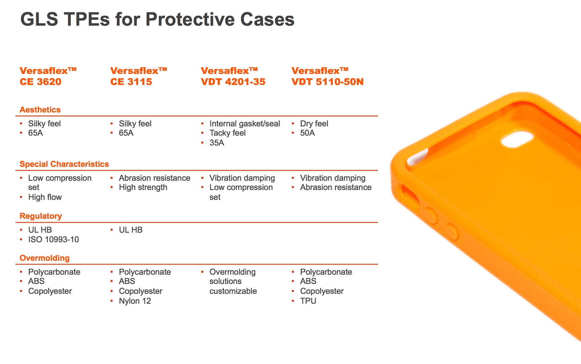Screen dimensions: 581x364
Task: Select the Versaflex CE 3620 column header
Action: point(48,76)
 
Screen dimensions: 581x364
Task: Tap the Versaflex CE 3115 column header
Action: point(138,76)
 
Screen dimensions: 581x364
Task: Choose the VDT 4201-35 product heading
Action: point(233,82)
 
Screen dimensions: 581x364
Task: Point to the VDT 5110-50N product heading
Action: point(327,82)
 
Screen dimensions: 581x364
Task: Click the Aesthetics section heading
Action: point(40,110)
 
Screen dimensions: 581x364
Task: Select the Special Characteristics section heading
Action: point(64,164)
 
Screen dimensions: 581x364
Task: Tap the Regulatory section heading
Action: point(40,216)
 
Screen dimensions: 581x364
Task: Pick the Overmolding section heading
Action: point(45,258)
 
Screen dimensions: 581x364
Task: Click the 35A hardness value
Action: point(217,143)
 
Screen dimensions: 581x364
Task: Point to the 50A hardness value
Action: point(307,133)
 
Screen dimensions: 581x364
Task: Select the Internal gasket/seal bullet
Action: point(244,124)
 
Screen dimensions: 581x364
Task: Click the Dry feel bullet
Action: point(314,124)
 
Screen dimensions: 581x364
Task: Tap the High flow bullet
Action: point(45,197)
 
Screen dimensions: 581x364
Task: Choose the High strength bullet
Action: point(143,187)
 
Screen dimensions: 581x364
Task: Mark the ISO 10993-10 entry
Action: point(53,239)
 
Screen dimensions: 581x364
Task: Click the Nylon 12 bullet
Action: point(135,301)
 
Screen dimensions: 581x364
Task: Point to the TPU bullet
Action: point(308,301)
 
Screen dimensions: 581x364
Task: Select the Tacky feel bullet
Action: point(227,133)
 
